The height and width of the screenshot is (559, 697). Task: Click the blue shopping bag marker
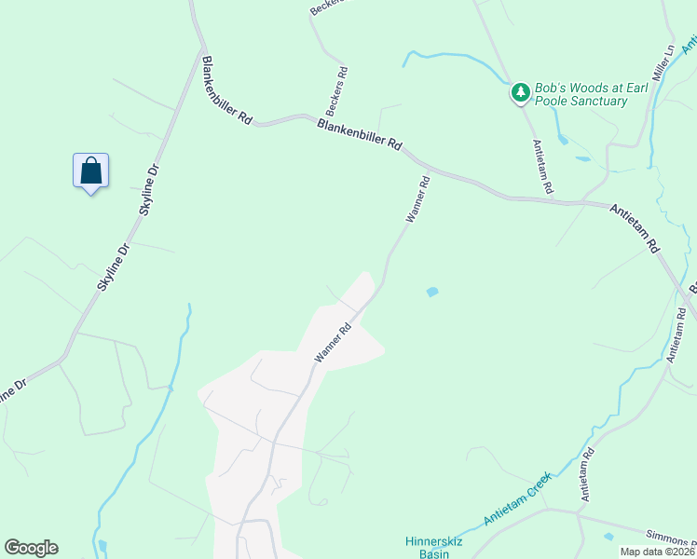90,171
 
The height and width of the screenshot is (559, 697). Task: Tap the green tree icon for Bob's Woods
519,92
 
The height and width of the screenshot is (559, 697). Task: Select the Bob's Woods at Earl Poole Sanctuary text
581,94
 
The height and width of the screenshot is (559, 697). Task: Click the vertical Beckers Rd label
342,84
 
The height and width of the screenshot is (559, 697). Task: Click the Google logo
31,548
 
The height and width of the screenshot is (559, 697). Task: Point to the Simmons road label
672,541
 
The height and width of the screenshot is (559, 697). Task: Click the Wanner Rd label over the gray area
333,342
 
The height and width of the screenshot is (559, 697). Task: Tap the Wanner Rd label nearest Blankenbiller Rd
417,198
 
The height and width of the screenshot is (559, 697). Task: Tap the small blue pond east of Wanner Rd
431,293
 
